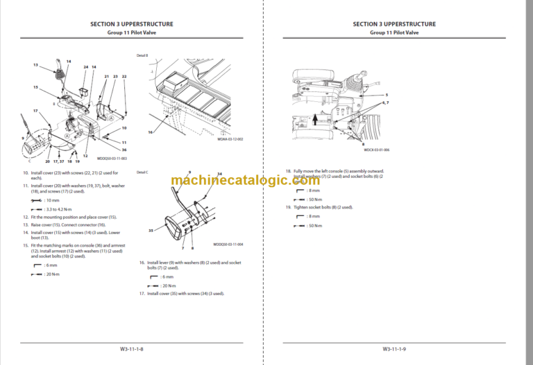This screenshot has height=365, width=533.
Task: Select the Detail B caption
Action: click(143, 55)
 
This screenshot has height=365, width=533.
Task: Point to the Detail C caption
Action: click(143, 172)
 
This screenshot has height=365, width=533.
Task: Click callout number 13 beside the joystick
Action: click(35, 64)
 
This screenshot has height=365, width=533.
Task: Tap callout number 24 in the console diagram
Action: click(85, 67)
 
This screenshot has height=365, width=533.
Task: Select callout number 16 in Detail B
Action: click(150, 131)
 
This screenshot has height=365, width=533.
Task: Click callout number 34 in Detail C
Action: click(219, 174)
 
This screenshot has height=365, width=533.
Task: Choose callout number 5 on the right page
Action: click(387, 94)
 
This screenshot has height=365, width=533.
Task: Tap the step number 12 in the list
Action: click(26, 217)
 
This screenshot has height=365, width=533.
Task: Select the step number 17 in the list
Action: click(141, 294)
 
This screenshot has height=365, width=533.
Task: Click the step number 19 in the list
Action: click(288, 207)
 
